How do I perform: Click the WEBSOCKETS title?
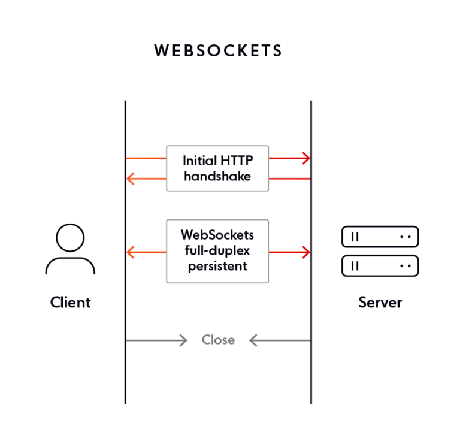click(218, 51)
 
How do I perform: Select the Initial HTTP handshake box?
click(217, 168)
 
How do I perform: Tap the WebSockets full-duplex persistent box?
click(217, 251)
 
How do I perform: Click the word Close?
click(218, 340)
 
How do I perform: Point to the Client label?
click(70, 303)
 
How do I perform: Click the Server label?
click(380, 303)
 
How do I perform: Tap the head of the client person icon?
click(70, 238)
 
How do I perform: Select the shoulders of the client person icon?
click(70, 266)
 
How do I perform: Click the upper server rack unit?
click(380, 237)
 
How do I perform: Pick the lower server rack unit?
click(380, 265)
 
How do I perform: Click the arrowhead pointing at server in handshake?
click(306, 158)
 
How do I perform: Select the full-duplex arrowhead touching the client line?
click(131, 252)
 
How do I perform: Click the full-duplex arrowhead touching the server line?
click(306, 252)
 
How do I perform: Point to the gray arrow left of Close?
click(157, 340)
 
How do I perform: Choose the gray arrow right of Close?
click(279, 340)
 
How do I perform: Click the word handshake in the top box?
click(217, 176)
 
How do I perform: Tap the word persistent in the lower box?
click(217, 266)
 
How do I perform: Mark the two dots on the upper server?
click(405, 237)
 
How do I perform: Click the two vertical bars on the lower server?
click(355, 265)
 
